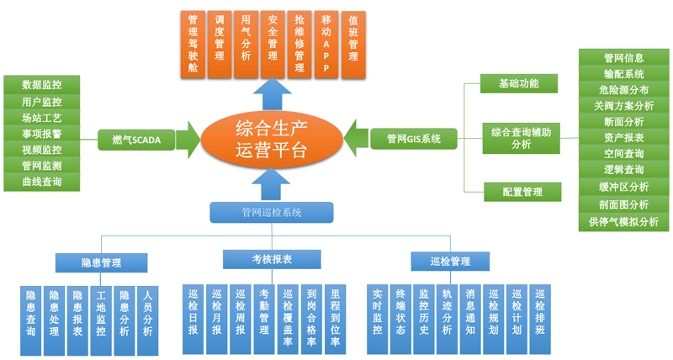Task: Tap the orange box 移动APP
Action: coord(326,43)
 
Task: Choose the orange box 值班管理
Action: coord(352,43)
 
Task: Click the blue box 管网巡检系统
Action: coord(272,213)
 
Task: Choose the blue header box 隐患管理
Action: coord(101,262)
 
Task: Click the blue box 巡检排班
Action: coord(540,313)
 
